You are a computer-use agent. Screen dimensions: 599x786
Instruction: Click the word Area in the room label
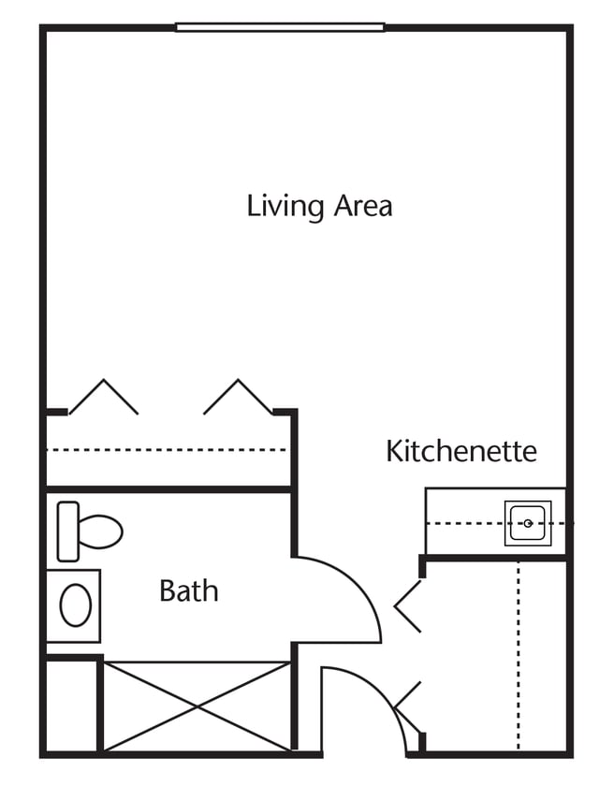(363, 206)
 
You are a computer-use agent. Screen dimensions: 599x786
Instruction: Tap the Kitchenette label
(461, 451)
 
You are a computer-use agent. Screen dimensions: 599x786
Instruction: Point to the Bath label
(188, 590)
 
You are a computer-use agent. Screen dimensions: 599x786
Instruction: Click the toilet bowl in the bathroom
(100, 531)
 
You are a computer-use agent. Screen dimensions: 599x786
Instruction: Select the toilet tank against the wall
(68, 531)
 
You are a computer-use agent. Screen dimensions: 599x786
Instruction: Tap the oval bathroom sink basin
(76, 605)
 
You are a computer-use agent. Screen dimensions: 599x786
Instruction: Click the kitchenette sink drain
(528, 524)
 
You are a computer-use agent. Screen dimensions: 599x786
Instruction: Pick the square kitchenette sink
(528, 523)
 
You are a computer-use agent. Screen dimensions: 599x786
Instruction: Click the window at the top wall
(280, 27)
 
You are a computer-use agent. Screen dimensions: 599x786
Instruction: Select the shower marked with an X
(197, 706)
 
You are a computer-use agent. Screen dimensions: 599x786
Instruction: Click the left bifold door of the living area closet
(104, 397)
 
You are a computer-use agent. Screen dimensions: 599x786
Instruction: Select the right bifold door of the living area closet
(238, 397)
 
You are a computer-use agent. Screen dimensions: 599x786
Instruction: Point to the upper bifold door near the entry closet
(408, 606)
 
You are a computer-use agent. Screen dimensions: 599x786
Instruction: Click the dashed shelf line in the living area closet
(167, 450)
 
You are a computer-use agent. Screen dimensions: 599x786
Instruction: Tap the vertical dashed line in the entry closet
(518, 656)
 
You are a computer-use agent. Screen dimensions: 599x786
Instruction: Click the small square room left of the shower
(72, 706)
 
